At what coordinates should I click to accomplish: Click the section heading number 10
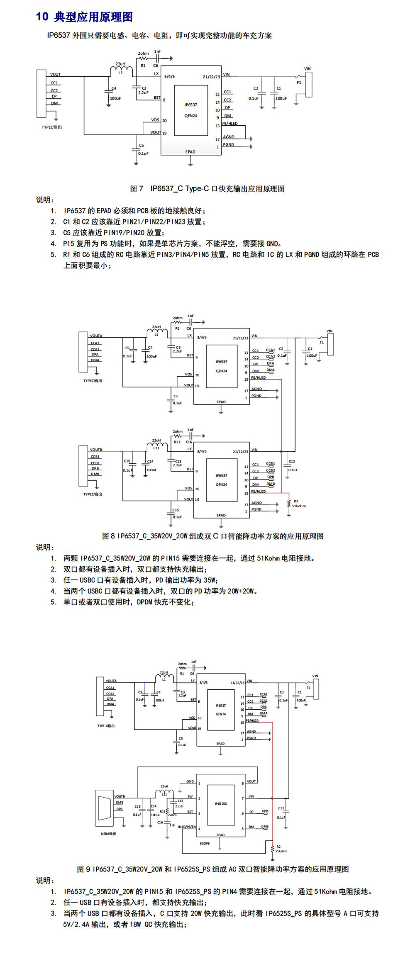point(42,17)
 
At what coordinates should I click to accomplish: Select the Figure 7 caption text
point(207,189)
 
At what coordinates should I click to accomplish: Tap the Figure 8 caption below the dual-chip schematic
point(212,536)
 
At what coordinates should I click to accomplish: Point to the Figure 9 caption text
point(212,869)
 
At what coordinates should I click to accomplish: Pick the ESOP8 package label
point(205,843)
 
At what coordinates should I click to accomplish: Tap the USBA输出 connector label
point(109,833)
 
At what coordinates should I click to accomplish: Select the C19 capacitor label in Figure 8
point(127,461)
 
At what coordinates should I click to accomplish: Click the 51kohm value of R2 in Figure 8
point(299,506)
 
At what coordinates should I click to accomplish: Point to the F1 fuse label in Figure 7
point(299,83)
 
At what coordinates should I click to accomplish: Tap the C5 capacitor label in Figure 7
point(142,146)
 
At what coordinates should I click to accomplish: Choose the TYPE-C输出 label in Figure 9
point(106,726)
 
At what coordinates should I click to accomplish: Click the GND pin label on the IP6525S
point(190,781)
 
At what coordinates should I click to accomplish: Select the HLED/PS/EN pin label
point(186,827)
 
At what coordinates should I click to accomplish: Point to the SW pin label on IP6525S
point(190,796)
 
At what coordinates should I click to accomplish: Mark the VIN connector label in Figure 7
point(307,69)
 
